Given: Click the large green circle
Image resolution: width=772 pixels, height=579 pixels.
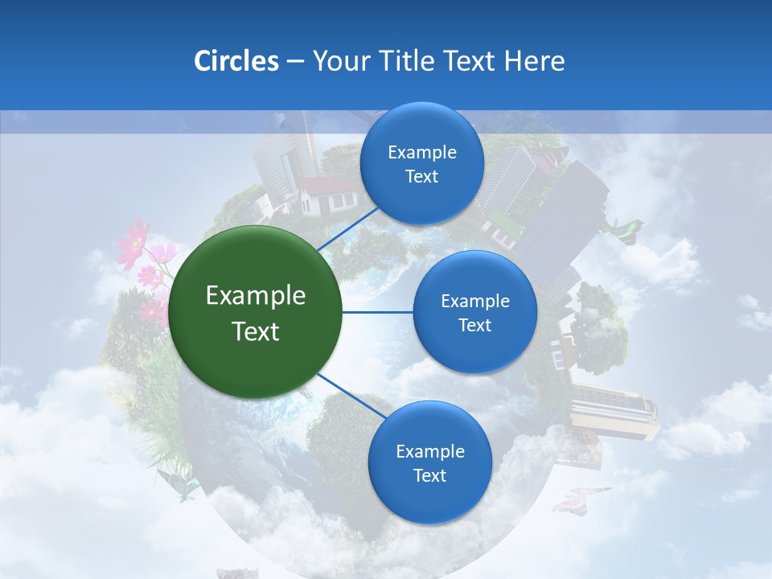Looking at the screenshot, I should [x=256, y=312].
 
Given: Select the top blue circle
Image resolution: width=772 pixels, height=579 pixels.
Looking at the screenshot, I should [x=421, y=164].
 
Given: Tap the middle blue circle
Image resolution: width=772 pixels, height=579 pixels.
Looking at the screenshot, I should [x=474, y=312].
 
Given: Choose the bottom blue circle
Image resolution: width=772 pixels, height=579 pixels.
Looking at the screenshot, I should [x=429, y=463].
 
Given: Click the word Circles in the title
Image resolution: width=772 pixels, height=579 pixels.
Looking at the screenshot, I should [x=236, y=61].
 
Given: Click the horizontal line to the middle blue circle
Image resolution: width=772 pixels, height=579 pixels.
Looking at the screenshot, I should [x=377, y=312].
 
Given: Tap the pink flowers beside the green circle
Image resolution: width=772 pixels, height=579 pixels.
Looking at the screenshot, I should [x=143, y=257].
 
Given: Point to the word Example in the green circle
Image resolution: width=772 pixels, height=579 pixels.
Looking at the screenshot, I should [x=256, y=296].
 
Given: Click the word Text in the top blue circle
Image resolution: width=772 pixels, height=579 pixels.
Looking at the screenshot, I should [x=421, y=177].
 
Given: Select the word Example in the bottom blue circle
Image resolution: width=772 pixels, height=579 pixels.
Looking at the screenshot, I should [x=429, y=451].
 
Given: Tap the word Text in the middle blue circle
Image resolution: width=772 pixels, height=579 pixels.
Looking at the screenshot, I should [x=474, y=325].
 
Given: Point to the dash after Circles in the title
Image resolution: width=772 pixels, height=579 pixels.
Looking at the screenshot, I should [x=295, y=62].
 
